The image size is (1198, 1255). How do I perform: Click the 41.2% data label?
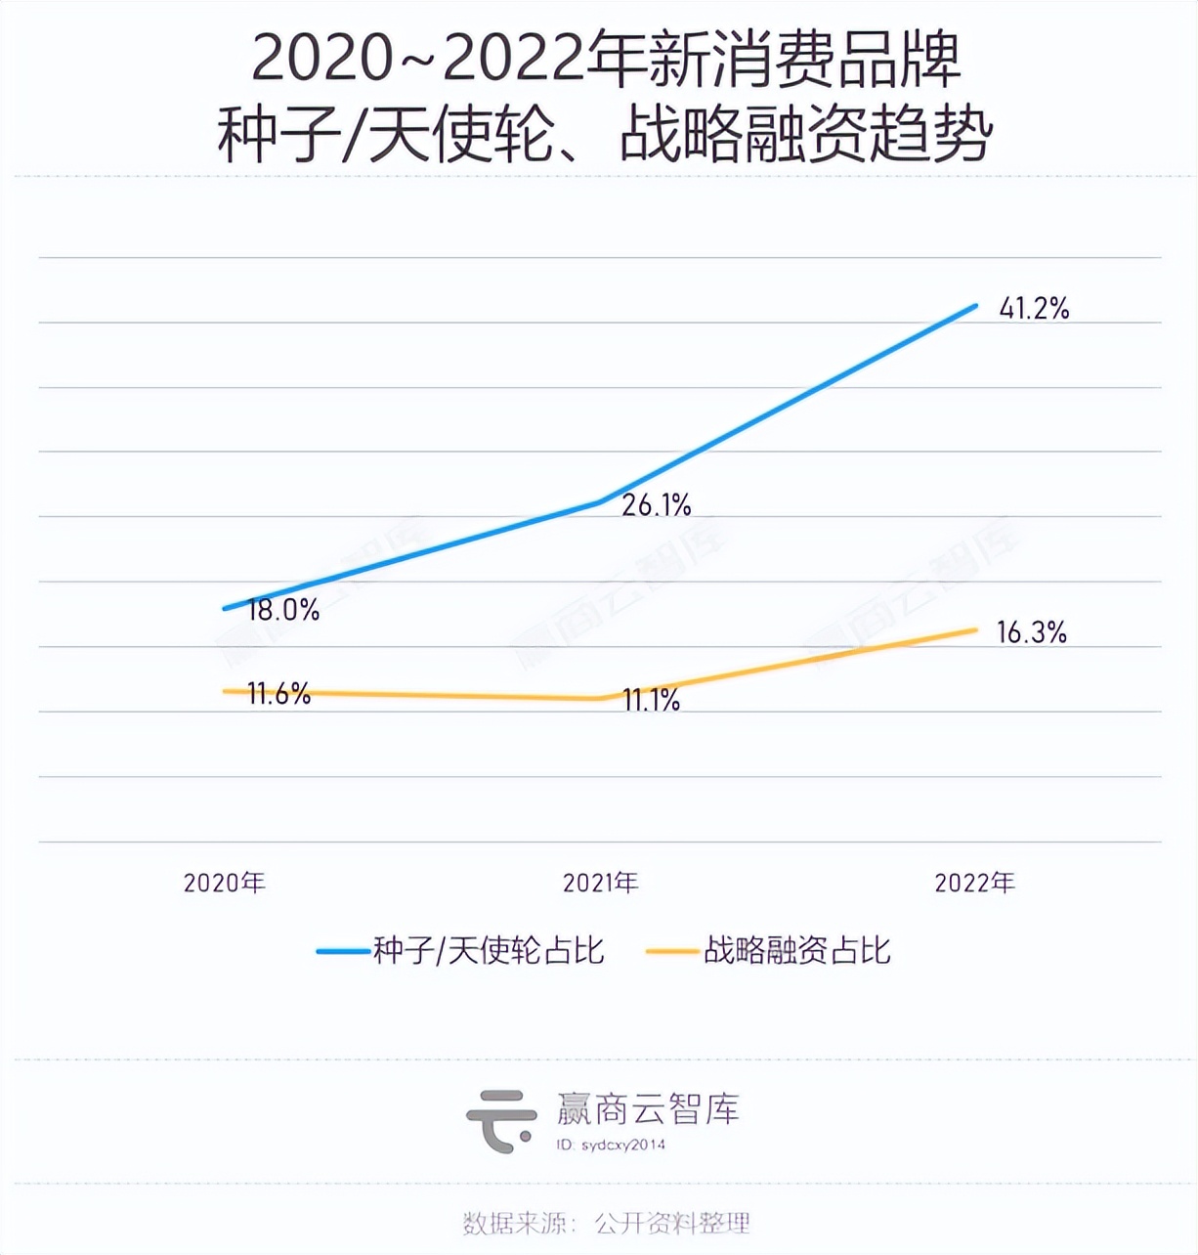click(1034, 309)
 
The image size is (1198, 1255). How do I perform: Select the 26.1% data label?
click(657, 505)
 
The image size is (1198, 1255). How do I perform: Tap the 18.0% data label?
click(283, 610)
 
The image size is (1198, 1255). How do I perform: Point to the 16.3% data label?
click(1031, 632)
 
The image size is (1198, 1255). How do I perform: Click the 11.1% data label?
click(652, 700)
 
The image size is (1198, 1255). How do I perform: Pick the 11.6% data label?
click(278, 694)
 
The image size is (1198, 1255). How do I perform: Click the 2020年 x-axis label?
click(225, 883)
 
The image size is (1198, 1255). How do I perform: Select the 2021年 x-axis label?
click(600, 883)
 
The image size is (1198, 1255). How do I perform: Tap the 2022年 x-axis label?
click(974, 883)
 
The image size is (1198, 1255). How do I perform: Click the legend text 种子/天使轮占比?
click(489, 950)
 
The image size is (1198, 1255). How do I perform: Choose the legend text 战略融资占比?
click(797, 950)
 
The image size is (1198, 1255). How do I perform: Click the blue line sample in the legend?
click(343, 951)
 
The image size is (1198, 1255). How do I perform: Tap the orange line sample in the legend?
click(673, 951)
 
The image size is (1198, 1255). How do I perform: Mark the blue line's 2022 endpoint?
click(975, 306)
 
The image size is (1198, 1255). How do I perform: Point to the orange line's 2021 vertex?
click(599, 698)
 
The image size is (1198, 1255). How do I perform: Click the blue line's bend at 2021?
click(599, 502)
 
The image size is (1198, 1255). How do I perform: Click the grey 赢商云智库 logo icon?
click(500, 1120)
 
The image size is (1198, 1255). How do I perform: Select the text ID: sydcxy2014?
click(611, 1145)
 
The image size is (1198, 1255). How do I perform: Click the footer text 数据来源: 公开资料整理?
click(606, 1223)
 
